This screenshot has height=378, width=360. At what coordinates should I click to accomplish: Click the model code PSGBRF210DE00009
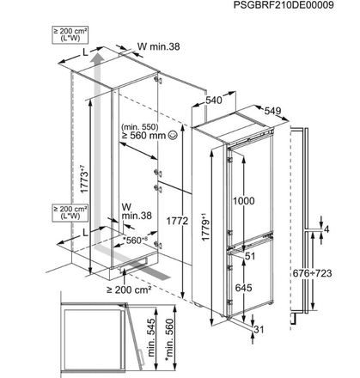[x=284, y=5]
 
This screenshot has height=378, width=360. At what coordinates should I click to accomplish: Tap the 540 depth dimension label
[x=214, y=101]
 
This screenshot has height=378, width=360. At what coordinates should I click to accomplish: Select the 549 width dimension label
[x=272, y=111]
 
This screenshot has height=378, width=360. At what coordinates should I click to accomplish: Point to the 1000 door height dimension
[x=243, y=201]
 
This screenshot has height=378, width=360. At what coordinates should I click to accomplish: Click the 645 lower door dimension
[x=243, y=288]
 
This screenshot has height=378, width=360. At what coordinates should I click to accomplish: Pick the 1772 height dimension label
[x=177, y=221]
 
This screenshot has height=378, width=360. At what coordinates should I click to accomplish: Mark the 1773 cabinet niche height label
[x=84, y=179]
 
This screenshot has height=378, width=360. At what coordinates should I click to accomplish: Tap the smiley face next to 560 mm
[x=173, y=135]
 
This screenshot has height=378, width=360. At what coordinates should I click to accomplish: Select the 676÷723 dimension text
[x=312, y=273]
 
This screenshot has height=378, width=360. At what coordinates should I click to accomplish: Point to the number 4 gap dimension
[x=326, y=229]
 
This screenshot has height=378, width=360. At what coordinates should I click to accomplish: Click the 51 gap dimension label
[x=250, y=256]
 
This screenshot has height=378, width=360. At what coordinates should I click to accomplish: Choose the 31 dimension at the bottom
[x=259, y=330]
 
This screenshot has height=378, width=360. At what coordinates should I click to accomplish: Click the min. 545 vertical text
[x=152, y=338]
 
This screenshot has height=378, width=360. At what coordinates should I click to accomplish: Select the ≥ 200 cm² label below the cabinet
[x=129, y=290]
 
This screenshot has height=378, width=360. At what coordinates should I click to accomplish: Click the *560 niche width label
[x=135, y=241]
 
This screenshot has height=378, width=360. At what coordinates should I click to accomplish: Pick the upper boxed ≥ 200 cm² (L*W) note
[x=70, y=34]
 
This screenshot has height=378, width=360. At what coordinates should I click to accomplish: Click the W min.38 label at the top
[x=159, y=46]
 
